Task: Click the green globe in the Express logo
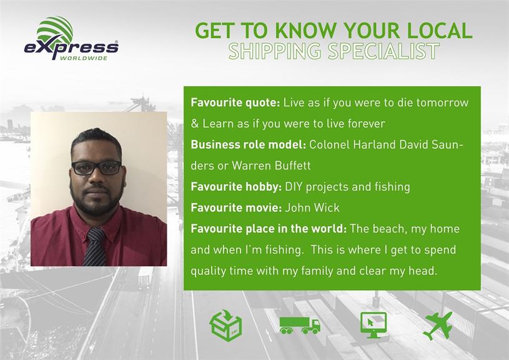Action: (55, 30)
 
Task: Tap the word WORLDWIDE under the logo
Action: (84, 59)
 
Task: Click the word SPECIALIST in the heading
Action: (383, 51)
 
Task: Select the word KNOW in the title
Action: (306, 31)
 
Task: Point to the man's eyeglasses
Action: (97, 167)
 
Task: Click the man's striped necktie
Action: (95, 247)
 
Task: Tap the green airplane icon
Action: (438, 326)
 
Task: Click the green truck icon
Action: (300, 325)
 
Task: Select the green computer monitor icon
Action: (373, 325)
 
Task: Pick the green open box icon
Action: (225, 325)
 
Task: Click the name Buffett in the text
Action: (292, 166)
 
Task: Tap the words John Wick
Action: (312, 207)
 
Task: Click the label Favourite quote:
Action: (235, 102)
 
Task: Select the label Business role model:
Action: (249, 144)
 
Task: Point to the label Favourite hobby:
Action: (236, 187)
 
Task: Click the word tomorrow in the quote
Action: (442, 102)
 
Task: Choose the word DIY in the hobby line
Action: (294, 187)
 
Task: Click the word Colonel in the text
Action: (330, 144)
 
